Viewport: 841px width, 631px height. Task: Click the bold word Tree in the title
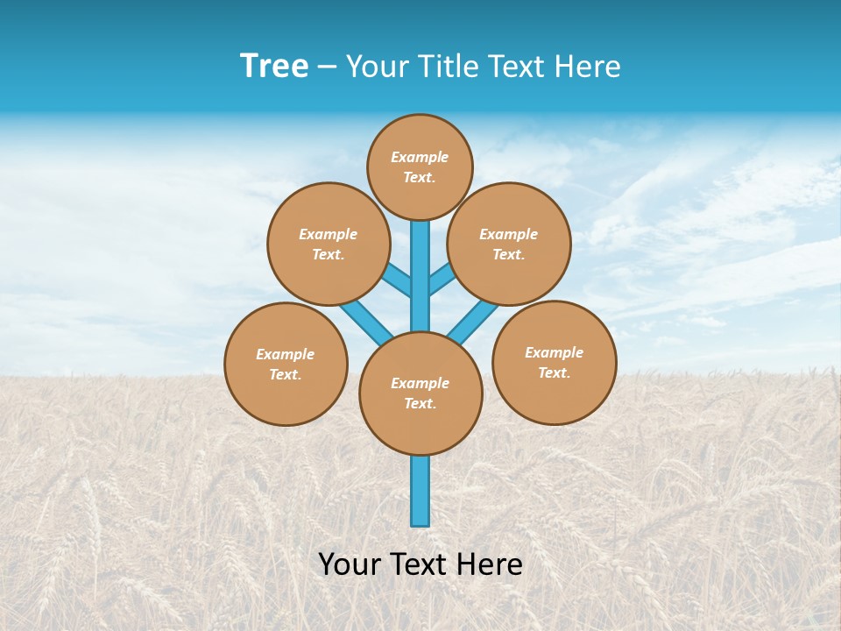tap(274, 67)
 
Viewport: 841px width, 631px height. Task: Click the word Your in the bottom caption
tap(350, 564)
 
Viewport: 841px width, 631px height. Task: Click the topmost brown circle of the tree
tap(420, 167)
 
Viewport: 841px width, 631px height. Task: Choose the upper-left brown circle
tap(328, 244)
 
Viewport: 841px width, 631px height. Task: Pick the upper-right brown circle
tap(509, 244)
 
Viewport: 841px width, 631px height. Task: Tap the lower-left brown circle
tap(286, 364)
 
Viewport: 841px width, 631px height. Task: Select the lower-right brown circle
tap(554, 362)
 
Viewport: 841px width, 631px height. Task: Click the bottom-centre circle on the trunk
tap(420, 393)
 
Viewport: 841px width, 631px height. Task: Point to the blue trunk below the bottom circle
tap(420, 491)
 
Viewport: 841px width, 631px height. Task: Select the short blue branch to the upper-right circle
tap(442, 280)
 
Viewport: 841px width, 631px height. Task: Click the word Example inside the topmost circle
tap(420, 157)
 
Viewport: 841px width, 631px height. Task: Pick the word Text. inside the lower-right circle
tap(554, 372)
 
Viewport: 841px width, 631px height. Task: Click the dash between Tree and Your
tap(327, 67)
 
